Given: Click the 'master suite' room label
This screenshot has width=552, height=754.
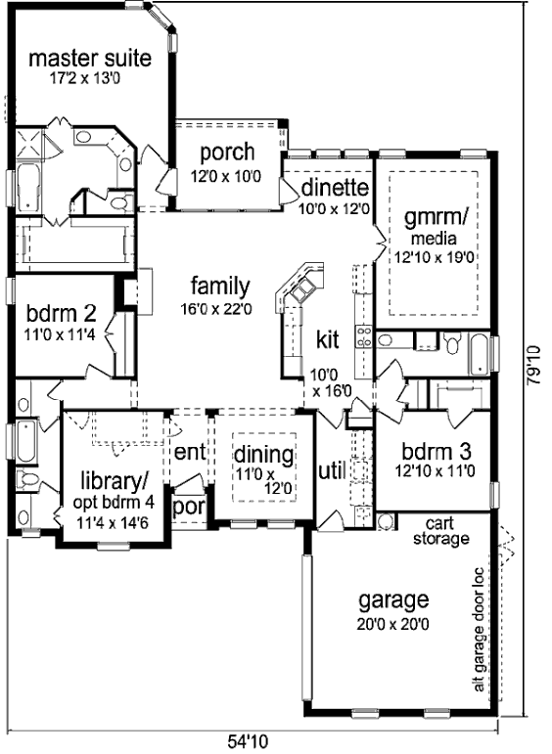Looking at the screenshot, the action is pyautogui.click(x=90, y=59).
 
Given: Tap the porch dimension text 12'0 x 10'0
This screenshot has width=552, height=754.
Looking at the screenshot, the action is pyautogui.click(x=226, y=176).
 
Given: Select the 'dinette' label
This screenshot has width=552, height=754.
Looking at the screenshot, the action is pyautogui.click(x=335, y=188).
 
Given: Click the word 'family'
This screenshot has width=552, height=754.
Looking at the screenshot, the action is pyautogui.click(x=220, y=287).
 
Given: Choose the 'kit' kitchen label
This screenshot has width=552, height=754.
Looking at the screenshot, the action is pyautogui.click(x=327, y=339).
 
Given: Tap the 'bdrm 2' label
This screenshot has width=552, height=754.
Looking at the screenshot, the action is pyautogui.click(x=61, y=314).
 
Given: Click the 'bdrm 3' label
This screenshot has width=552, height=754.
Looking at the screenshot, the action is pyautogui.click(x=436, y=451).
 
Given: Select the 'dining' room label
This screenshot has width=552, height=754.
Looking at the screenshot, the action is pyautogui.click(x=263, y=455).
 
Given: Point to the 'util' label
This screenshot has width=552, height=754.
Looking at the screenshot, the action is pyautogui.click(x=332, y=471).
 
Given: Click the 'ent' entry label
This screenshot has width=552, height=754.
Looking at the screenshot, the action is pyautogui.click(x=190, y=452).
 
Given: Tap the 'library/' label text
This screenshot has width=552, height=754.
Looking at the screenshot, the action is pyautogui.click(x=115, y=480).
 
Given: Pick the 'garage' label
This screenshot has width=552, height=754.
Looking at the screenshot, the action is pyautogui.click(x=393, y=600).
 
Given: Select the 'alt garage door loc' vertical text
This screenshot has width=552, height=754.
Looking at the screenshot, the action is pyautogui.click(x=479, y=630).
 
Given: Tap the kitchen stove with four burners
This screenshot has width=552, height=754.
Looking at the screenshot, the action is pyautogui.click(x=363, y=336).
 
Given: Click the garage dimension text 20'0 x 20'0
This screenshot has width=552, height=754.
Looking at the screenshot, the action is pyautogui.click(x=393, y=624).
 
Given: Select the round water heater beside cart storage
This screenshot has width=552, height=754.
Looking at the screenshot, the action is pyautogui.click(x=385, y=522).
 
